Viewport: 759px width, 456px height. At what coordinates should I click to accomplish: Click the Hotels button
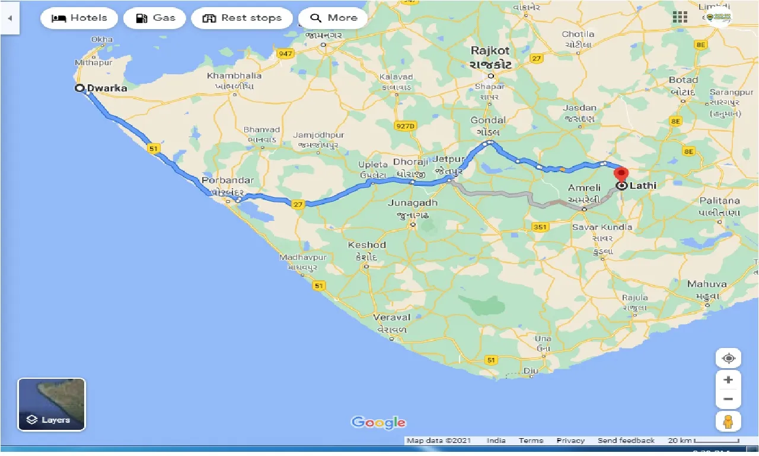pyautogui.click(x=79, y=18)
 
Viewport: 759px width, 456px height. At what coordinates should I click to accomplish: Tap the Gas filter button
pyautogui.click(x=154, y=18)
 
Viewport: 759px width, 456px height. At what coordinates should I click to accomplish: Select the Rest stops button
pyautogui.click(x=241, y=18)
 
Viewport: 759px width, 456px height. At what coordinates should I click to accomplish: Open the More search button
pyautogui.click(x=333, y=18)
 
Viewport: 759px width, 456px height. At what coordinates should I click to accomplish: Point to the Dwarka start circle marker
pyautogui.click(x=79, y=88)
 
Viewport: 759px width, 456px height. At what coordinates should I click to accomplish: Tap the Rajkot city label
pyautogui.click(x=490, y=52)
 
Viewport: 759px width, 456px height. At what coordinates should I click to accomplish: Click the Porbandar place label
pyautogui.click(x=228, y=180)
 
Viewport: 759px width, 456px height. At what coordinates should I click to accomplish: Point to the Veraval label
pyautogui.click(x=392, y=318)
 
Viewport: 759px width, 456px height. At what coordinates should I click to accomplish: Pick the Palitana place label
pyautogui.click(x=719, y=201)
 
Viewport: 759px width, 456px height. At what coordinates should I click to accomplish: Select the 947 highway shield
pyautogui.click(x=286, y=54)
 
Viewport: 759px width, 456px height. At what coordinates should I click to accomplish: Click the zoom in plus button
pyautogui.click(x=728, y=380)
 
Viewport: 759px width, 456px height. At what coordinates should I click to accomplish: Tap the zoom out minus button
pyautogui.click(x=728, y=399)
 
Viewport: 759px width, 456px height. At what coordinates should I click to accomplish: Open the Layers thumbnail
pyautogui.click(x=52, y=404)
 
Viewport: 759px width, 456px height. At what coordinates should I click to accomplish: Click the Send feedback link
pyautogui.click(x=626, y=441)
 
